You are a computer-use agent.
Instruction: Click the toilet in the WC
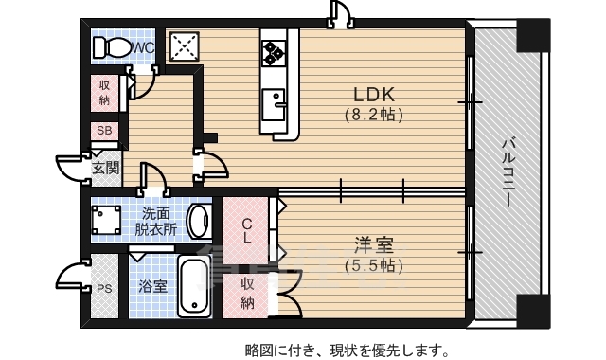[x=112, y=46]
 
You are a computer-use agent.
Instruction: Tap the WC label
[x=144, y=46]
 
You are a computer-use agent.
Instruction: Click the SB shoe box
[x=104, y=131]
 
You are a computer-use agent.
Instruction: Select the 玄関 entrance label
[x=105, y=169]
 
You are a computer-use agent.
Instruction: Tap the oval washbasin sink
[x=199, y=221]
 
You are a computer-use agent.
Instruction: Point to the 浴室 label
[x=152, y=285]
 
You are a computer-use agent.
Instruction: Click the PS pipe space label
[x=104, y=287]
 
